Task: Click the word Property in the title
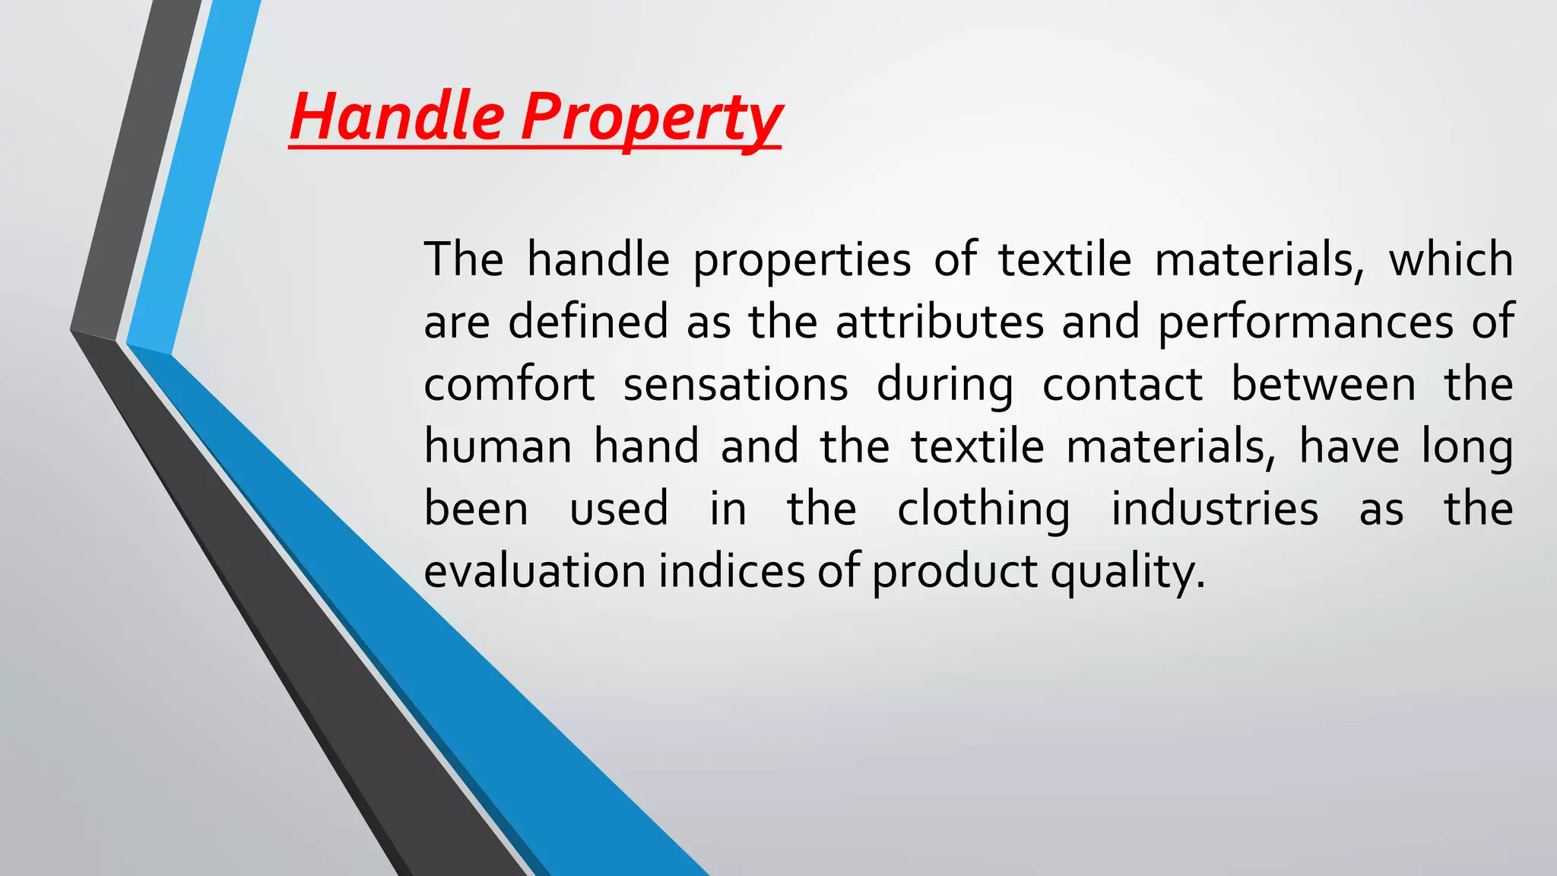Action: (651, 118)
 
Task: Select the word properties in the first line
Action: (801, 261)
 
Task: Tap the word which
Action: (1451, 259)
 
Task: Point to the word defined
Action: (588, 321)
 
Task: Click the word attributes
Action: (940, 321)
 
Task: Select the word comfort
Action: (509, 383)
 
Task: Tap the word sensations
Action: (735, 383)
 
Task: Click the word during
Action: (944, 385)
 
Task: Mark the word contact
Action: (1122, 383)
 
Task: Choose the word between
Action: (1323, 383)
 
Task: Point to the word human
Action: (497, 446)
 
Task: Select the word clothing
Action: (983, 509)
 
